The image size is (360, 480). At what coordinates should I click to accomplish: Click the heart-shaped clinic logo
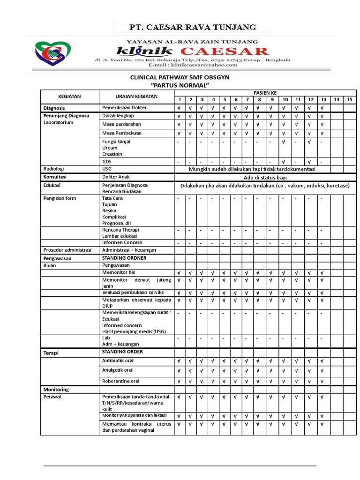(x=52, y=55)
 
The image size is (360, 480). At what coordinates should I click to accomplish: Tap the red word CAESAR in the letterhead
(x=225, y=51)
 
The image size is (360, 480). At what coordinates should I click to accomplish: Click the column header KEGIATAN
(x=69, y=97)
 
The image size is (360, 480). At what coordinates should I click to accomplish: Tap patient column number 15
(x=349, y=100)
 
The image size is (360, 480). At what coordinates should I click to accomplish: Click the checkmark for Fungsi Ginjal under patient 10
(x=285, y=142)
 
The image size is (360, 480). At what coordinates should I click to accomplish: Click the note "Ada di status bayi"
(x=265, y=177)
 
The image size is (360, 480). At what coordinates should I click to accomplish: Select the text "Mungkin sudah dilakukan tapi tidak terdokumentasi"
(x=252, y=169)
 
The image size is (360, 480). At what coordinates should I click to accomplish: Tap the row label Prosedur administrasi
(x=67, y=250)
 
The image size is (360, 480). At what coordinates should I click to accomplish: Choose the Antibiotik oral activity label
(x=118, y=360)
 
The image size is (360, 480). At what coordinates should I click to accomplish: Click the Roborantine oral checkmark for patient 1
(x=179, y=382)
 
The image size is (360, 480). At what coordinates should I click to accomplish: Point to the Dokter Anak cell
(x=116, y=177)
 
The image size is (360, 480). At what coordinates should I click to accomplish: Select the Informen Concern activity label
(x=122, y=242)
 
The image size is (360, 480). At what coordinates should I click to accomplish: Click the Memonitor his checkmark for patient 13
(x=322, y=273)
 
